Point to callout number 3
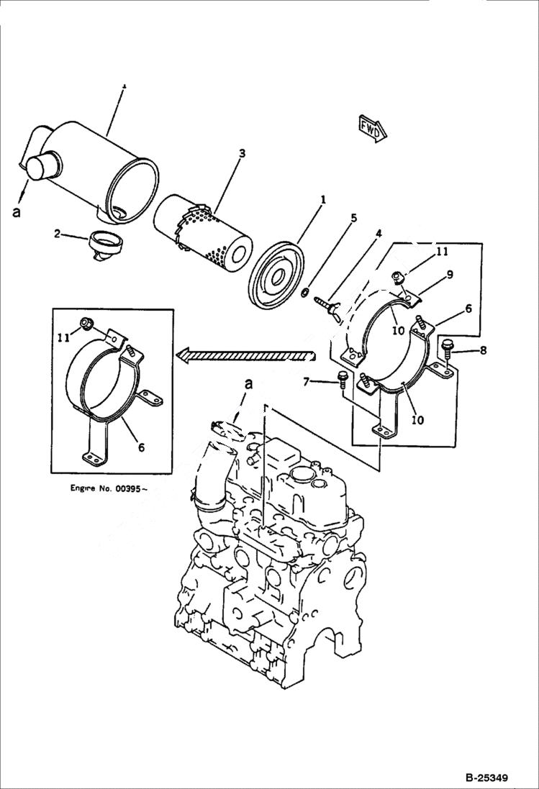242,153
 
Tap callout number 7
307,381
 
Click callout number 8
483,350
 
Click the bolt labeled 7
341,378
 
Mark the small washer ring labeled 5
305,292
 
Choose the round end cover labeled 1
276,268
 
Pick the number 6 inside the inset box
141,447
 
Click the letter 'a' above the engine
249,385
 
